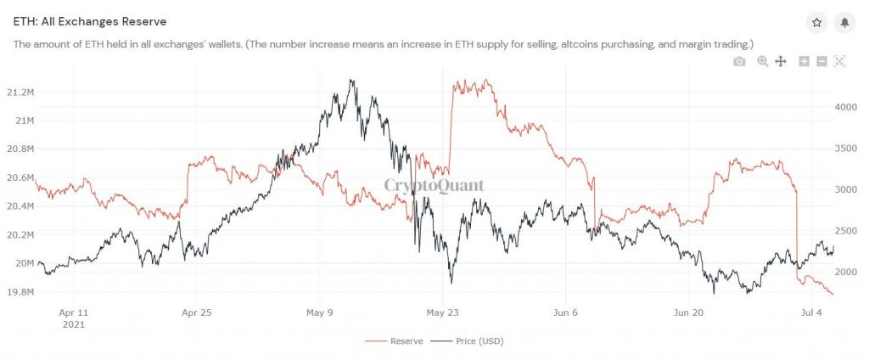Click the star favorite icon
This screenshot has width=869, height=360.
816,23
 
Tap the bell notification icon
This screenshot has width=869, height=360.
844,23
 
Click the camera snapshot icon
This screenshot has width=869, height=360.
739,61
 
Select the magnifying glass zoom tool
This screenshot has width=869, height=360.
762,61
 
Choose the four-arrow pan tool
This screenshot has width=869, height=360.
781,61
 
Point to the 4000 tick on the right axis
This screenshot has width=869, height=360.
849,108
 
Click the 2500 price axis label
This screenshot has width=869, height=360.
849,231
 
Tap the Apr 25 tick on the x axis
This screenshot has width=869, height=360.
197,312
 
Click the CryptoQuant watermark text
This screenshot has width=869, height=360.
434,185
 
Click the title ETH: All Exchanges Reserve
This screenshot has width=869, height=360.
90,20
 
